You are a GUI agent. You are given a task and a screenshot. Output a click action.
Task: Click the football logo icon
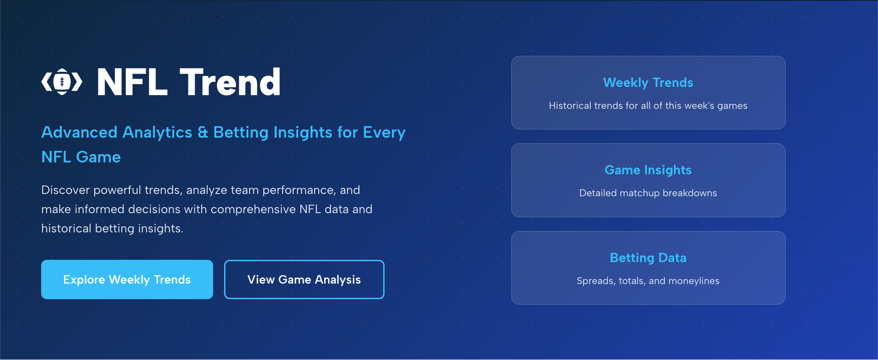point(62,82)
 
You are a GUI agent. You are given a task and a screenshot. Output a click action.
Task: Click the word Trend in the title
point(230,83)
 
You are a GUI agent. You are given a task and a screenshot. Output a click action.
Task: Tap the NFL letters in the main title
point(132,83)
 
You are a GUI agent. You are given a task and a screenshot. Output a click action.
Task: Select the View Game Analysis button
point(304,279)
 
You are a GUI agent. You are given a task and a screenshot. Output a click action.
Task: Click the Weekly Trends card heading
point(648,83)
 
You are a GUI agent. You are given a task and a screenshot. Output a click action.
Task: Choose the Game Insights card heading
point(648,170)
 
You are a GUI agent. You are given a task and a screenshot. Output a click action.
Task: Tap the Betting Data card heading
point(648,258)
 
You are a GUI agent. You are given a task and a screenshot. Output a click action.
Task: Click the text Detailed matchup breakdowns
point(648,193)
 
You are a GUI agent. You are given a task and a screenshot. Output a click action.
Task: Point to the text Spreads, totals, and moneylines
point(648,281)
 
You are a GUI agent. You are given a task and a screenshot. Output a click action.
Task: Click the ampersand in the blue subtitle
point(203,133)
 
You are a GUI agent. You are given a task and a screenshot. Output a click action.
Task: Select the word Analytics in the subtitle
point(157,133)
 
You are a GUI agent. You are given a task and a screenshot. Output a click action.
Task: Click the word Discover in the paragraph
point(65,190)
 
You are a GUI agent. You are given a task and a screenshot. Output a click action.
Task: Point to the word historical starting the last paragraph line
point(66,229)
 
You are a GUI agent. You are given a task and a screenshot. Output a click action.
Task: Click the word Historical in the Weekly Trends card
point(570,106)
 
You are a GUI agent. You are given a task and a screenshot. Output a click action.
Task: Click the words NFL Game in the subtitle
point(81,157)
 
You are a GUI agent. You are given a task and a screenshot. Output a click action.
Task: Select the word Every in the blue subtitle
point(384,133)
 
